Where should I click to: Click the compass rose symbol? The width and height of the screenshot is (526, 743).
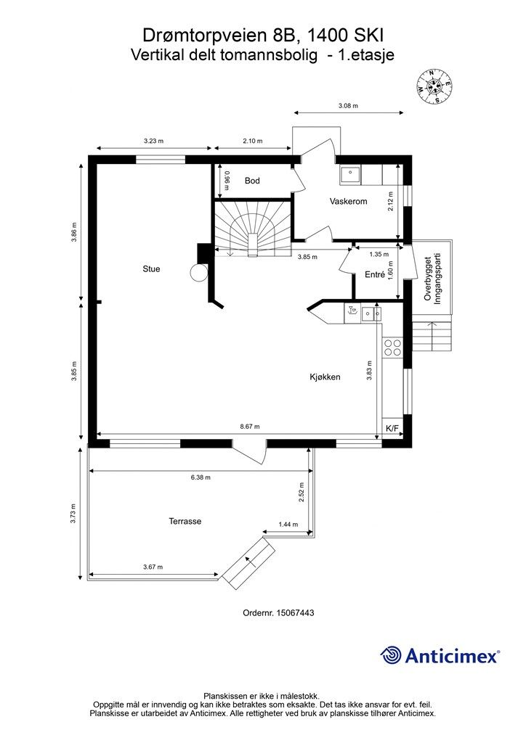point(434,86)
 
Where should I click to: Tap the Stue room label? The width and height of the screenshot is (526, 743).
point(151,268)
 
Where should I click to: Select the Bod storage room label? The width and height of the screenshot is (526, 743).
point(252,181)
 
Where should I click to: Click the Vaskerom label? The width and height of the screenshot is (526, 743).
point(348,202)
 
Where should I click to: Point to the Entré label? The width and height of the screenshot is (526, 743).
point(374,274)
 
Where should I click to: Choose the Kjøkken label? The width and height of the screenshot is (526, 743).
point(325,377)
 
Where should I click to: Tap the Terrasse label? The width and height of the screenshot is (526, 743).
point(185,521)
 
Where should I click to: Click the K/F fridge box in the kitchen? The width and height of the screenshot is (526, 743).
point(392,429)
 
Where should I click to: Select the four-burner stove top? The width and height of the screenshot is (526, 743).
point(392,348)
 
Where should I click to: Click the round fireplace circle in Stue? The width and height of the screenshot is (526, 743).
point(198,273)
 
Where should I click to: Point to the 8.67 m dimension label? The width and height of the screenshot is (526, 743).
point(249,427)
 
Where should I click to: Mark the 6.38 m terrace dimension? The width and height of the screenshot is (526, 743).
point(200,477)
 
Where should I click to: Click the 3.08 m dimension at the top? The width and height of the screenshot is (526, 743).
point(348,106)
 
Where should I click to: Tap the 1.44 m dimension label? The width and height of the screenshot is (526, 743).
point(288,524)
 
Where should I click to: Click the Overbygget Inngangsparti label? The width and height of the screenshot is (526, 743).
point(432,279)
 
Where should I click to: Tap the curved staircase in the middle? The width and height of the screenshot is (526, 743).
point(252,229)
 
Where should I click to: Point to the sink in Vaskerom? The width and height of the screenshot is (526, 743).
point(350,176)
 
